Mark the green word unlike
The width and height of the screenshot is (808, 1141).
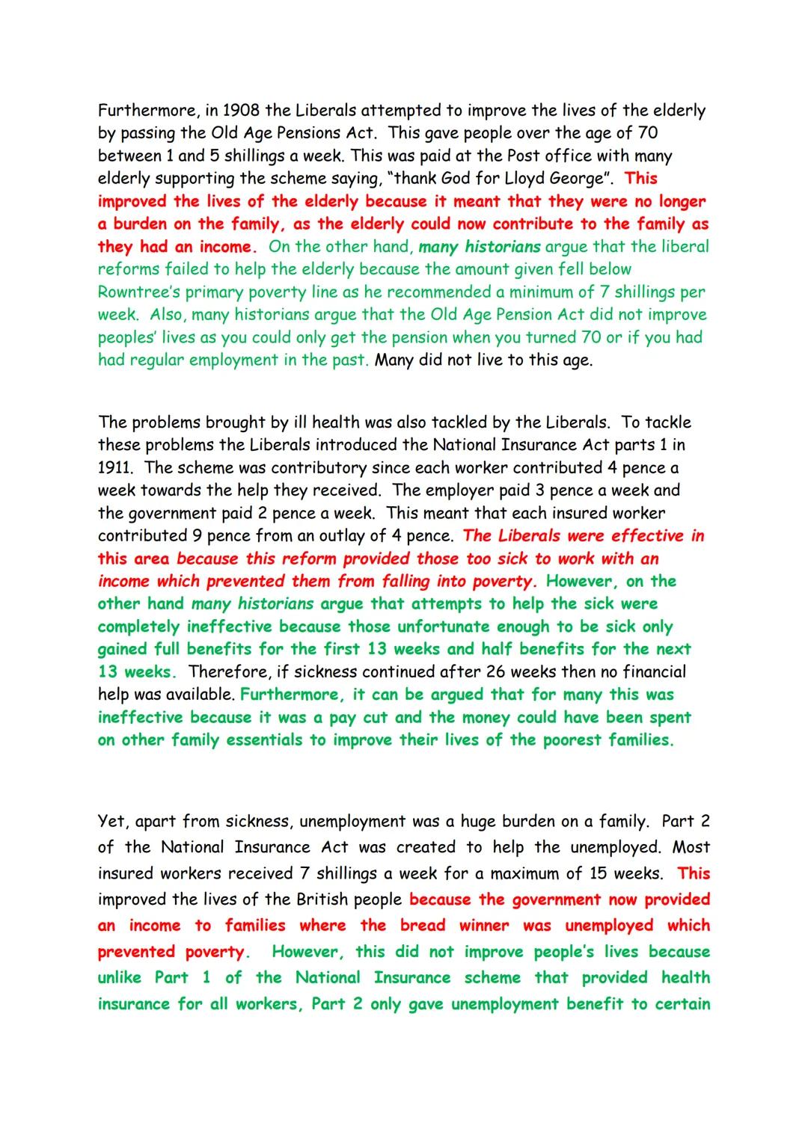coord(120,978)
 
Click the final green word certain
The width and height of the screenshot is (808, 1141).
coord(682,1004)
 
